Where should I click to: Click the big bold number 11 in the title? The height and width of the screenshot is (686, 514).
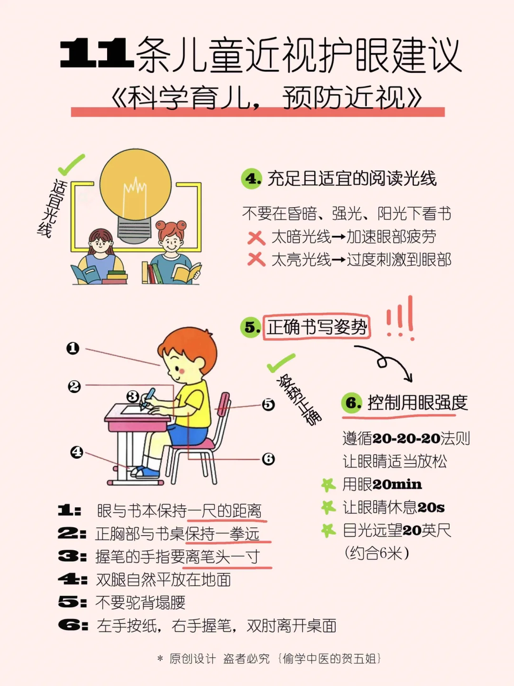tap(97, 53)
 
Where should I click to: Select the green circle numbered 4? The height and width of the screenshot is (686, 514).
tap(252, 179)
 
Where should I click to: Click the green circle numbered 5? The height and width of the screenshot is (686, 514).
tap(251, 327)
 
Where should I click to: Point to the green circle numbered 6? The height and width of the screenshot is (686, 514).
tap(352, 403)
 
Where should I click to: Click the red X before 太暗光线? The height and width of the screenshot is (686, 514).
tap(256, 238)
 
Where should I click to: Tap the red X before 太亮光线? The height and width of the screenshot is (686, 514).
tap(257, 260)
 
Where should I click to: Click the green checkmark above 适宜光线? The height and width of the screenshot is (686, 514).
tap(71, 165)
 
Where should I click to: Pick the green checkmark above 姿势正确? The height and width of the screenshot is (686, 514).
tap(281, 363)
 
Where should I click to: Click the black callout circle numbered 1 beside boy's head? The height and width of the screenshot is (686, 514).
tap(73, 348)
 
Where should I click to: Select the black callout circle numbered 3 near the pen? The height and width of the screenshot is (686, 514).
tap(133, 397)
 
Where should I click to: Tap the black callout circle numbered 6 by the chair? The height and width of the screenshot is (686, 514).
tap(268, 459)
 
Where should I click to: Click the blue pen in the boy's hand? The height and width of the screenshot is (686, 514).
tap(148, 398)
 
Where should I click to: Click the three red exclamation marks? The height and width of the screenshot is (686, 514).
tap(401, 318)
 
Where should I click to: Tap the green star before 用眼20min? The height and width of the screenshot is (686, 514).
tap(328, 485)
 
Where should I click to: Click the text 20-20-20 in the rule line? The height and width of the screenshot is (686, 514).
tap(406, 439)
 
